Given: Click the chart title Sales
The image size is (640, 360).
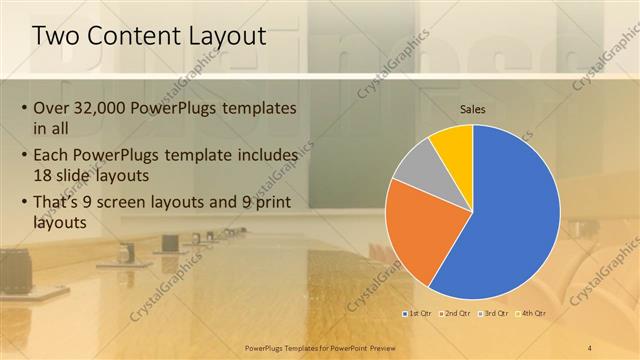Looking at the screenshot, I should click(473, 108).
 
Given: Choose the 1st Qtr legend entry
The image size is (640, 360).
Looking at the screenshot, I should click(419, 313).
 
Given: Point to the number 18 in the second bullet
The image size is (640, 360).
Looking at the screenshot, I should click(45, 175).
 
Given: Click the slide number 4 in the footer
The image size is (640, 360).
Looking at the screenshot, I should click(590, 347).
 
